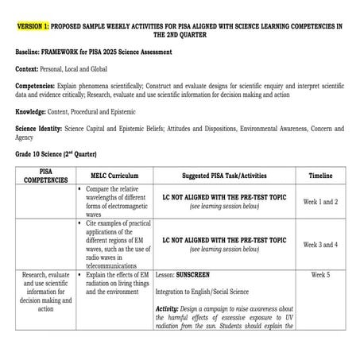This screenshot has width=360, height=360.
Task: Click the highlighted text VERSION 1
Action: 34,26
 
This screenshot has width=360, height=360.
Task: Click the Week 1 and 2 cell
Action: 320,202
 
